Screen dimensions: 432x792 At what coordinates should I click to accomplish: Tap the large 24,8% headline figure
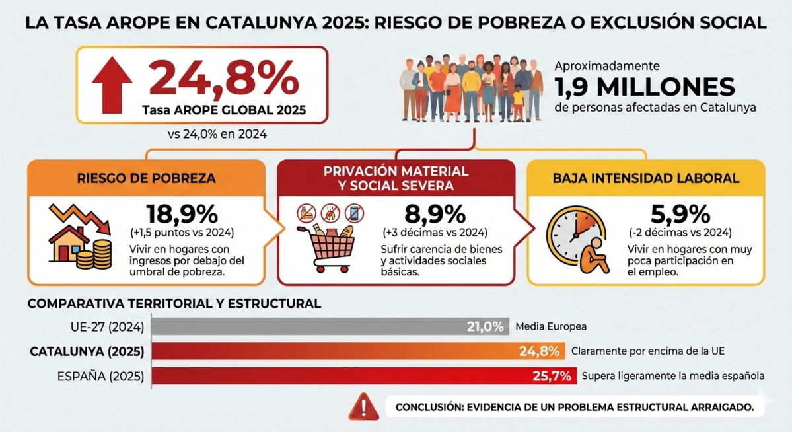224,78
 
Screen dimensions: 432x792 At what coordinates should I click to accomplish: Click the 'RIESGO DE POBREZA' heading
146,178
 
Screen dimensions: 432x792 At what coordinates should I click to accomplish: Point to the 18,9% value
181,214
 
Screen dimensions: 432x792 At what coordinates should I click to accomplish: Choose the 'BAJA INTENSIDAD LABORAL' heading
646,178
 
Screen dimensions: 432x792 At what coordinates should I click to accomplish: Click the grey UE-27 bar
310,326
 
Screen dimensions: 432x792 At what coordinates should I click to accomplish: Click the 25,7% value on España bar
552,376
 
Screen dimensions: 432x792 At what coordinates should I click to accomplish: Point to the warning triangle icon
362,406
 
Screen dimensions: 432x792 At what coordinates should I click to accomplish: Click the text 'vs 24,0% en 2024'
218,134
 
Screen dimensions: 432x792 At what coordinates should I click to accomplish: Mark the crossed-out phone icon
355,213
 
